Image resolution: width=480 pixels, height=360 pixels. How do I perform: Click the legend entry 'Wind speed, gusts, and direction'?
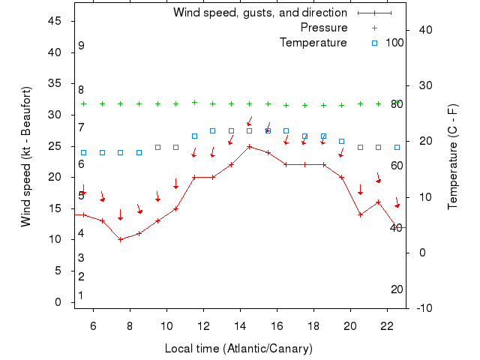pos(259,13)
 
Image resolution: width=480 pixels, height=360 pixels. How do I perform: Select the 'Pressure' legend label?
pos(324,28)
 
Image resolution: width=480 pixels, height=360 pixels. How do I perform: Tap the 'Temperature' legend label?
pos(313,43)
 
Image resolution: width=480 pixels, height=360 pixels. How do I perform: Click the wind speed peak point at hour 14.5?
pos(250,146)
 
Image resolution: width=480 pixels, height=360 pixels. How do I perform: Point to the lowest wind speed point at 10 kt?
pos(120,239)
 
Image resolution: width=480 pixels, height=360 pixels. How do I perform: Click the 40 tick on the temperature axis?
pos(421,30)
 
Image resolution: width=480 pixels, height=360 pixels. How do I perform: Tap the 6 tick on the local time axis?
pos(94,326)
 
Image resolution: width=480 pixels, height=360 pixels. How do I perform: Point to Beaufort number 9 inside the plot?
pos(81,46)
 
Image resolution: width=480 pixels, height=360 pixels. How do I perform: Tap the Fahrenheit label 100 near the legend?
pos(394,42)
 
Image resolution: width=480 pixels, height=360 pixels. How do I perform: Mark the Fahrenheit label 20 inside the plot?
pos(397,289)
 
